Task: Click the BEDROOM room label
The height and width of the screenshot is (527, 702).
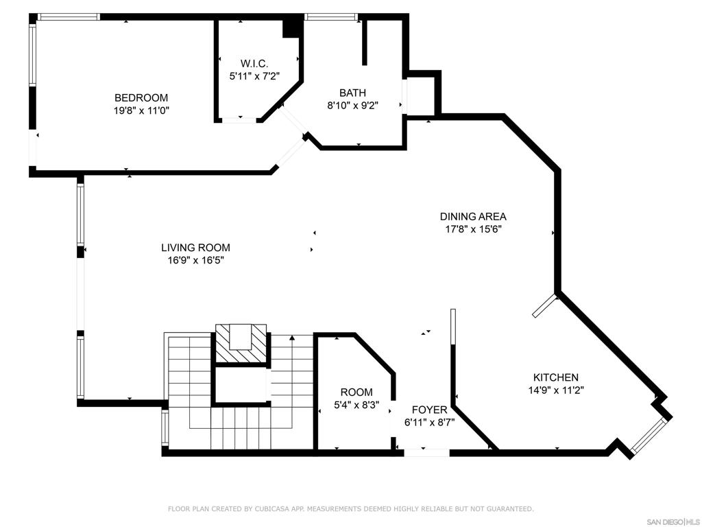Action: (141, 97)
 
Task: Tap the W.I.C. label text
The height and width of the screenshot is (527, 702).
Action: (254, 64)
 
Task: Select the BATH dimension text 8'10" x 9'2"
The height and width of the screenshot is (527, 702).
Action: (353, 106)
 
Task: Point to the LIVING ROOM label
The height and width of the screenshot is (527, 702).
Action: (195, 247)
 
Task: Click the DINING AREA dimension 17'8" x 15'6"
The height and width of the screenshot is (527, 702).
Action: (473, 229)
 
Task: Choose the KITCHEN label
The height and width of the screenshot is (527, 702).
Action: (555, 377)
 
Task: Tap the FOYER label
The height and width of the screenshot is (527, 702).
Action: (429, 410)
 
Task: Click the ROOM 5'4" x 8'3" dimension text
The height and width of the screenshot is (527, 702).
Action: (356, 405)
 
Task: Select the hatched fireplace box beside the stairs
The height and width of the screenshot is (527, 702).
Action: (241, 343)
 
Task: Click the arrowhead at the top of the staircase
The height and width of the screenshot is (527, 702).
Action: (292, 338)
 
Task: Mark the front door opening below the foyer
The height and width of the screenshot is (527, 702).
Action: (426, 453)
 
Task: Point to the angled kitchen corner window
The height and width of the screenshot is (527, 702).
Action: (649, 434)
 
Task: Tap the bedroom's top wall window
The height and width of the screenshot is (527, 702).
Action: (69, 17)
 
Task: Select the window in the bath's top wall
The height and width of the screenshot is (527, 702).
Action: (332, 17)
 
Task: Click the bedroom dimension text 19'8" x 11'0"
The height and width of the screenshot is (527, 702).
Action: (141, 110)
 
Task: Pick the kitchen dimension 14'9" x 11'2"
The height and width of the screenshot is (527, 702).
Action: (556, 390)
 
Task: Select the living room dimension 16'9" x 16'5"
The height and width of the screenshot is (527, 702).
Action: (195, 260)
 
